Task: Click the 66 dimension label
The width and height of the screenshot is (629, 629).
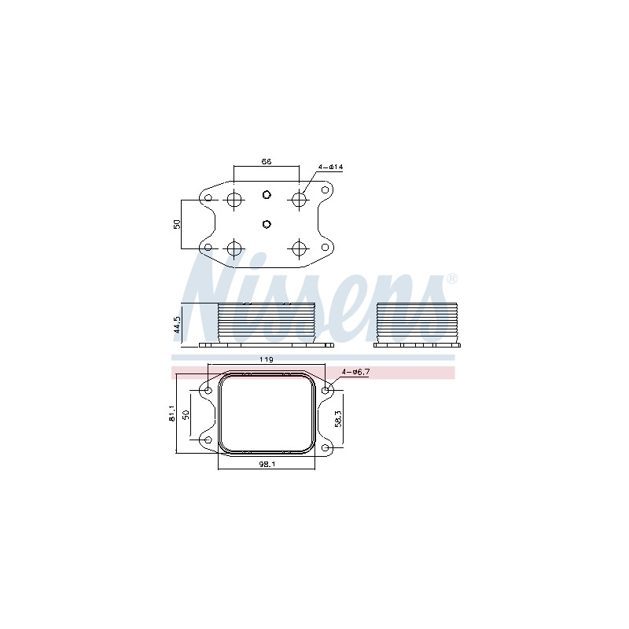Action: [267, 161]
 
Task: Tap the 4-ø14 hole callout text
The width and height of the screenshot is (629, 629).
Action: [330, 167]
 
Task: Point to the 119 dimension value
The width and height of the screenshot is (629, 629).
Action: [267, 359]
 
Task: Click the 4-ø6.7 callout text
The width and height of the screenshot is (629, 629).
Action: [355, 372]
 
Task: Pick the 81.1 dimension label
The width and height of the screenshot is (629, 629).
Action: [172, 414]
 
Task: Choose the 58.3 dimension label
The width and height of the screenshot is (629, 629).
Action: [338, 418]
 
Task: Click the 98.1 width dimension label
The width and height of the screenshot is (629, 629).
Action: [267, 464]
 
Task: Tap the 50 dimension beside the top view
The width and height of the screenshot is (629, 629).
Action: [177, 224]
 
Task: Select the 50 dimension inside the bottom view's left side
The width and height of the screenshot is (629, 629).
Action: [186, 414]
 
